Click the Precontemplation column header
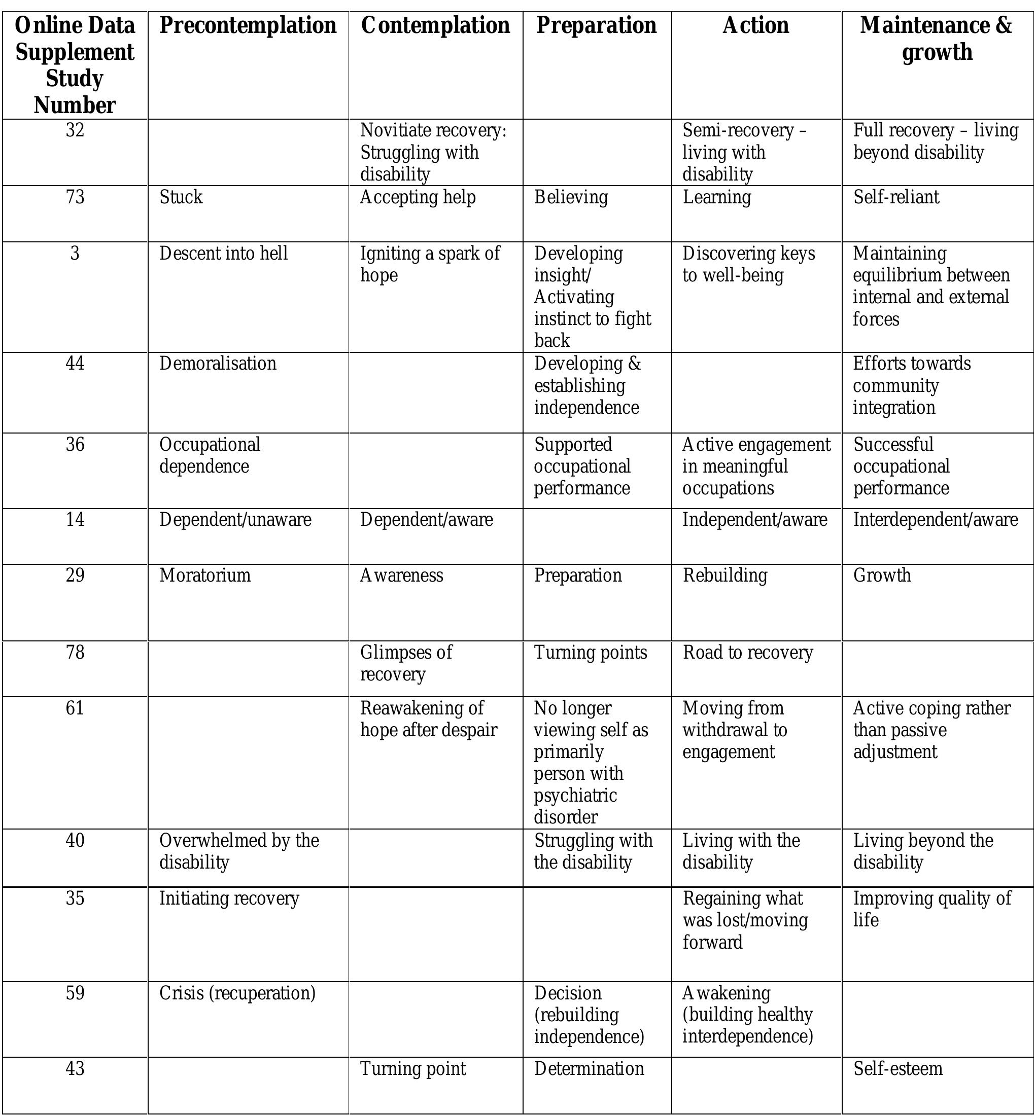248,26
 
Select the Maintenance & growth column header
936,39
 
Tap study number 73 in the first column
75,197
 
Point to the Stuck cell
181,197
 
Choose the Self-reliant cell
896,197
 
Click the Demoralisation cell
218,364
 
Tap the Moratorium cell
204,576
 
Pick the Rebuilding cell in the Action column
724,576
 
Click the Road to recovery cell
747,652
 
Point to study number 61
75,708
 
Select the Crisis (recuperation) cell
237,993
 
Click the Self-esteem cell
897,1068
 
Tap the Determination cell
589,1068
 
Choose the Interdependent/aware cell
935,520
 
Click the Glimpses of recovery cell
406,663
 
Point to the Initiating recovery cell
229,898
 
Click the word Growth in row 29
882,576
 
